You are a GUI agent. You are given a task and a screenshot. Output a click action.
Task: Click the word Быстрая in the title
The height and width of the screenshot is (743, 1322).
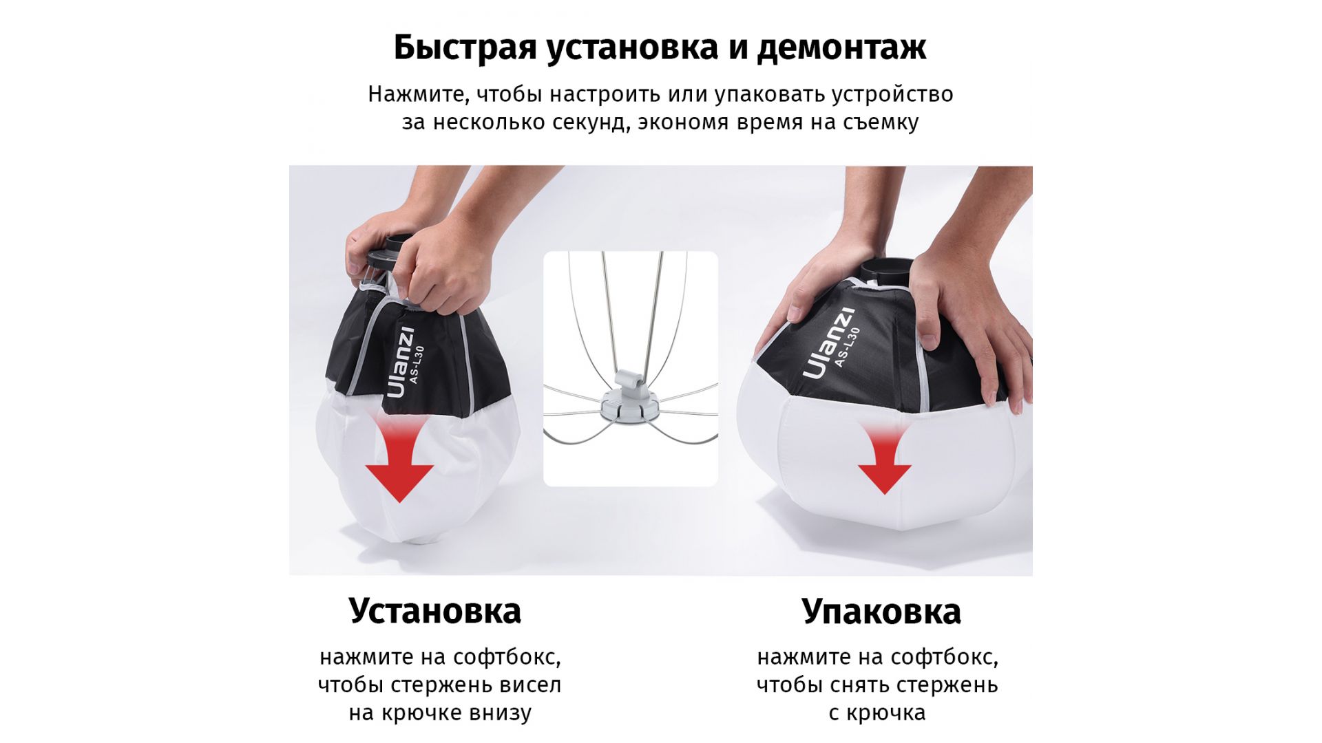pos(465,48)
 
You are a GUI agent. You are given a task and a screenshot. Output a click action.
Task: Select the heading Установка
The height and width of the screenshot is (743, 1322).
pos(435,611)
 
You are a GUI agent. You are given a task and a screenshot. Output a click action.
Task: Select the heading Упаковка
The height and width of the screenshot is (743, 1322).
pos(881,612)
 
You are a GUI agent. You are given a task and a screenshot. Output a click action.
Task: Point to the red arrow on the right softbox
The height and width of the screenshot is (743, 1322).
pos(885,458)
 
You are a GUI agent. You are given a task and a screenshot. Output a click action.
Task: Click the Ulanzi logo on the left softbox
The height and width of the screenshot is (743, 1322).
pos(400,362)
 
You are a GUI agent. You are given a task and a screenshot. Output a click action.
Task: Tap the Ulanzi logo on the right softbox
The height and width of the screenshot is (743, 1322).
pos(829,343)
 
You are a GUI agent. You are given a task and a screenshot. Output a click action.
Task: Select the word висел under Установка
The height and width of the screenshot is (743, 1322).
pos(531,685)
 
